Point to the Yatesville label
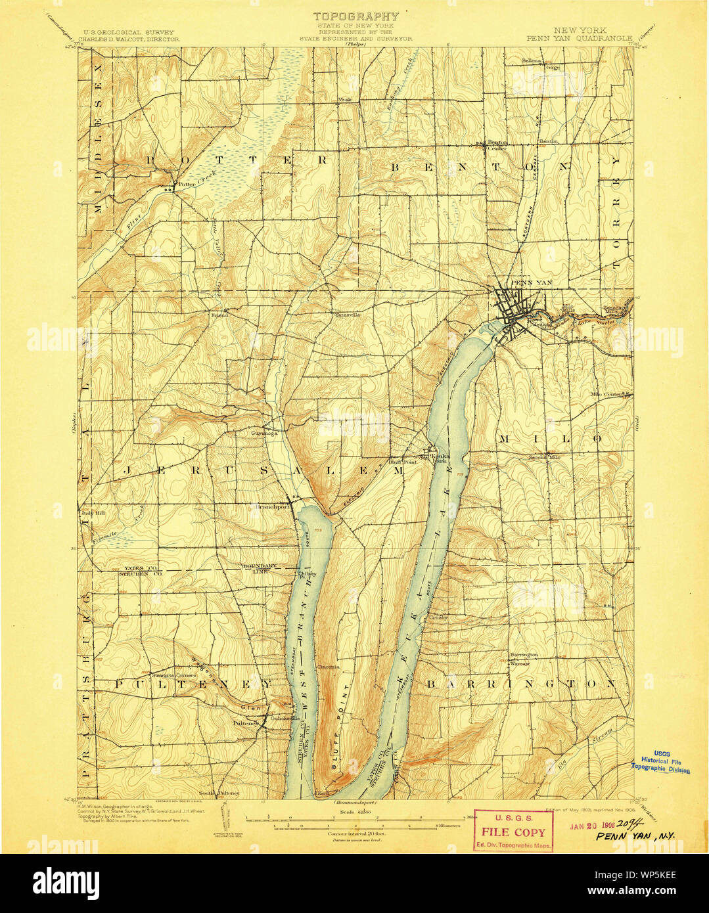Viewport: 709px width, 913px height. click(348, 315)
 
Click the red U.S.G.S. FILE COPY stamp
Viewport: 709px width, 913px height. click(513, 831)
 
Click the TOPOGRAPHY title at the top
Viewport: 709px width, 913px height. click(355, 16)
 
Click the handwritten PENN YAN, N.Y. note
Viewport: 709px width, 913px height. click(635, 837)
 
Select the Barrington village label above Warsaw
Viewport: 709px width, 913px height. click(524, 655)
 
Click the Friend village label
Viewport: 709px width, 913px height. click(219, 315)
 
